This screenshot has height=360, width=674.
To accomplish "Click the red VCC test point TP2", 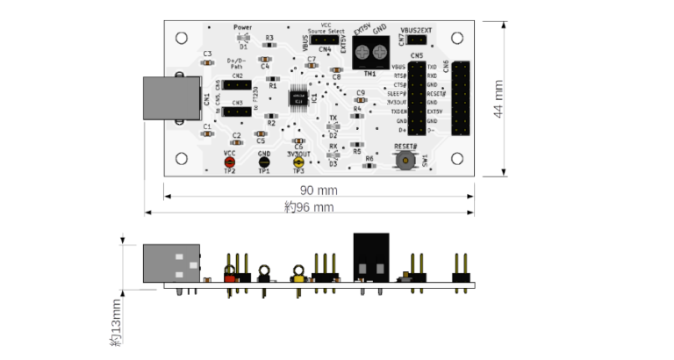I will point(230,161).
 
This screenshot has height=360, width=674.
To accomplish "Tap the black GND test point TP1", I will point(263,161).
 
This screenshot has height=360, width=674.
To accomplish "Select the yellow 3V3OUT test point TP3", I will point(298,161).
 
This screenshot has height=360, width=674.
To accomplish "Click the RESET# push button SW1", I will point(405,160).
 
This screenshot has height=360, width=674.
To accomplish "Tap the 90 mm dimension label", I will point(319,191).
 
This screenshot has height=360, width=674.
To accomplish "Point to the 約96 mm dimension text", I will point(310,207).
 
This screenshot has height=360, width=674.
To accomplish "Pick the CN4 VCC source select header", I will point(326,40).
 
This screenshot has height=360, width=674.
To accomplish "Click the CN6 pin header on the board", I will point(461,98).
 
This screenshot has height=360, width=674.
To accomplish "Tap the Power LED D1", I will point(243,39).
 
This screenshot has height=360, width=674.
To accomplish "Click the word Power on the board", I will point(243,27).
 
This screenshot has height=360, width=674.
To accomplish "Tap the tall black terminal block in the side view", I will point(371,255).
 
